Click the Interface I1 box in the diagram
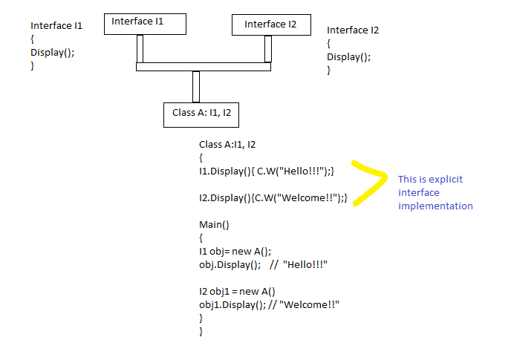coord(144,24)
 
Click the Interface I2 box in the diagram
coord(270,24)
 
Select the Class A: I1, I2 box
coord(201,114)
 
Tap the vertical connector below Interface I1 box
coord(140,49)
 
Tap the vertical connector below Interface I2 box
coord(268,49)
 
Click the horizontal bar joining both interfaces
coord(204,67)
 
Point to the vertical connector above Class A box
coord(196,86)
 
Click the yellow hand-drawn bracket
coord(371,183)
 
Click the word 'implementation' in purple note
coord(435,206)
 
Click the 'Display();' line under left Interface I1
coord(53,52)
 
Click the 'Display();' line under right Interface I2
coord(349,56)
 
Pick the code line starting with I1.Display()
coord(266,171)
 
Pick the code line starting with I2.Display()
coord(273,197)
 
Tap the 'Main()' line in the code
coord(215,224)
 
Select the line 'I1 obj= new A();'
coord(235,251)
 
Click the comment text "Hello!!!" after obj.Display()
coord(305,264)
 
